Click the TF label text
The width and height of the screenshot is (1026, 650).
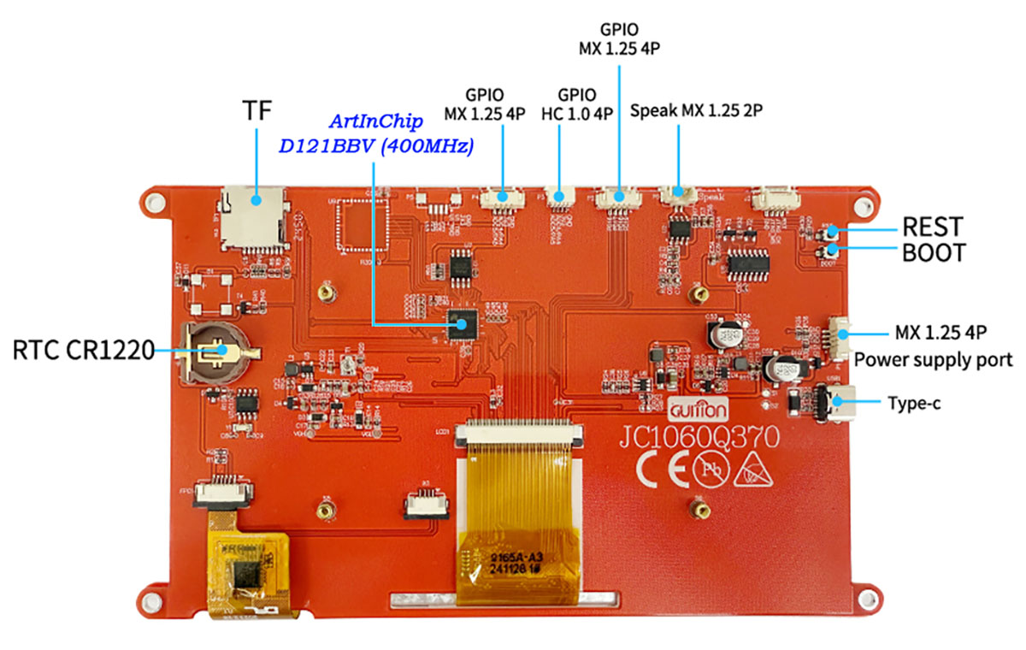258,111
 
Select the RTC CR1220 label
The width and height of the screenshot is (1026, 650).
83,350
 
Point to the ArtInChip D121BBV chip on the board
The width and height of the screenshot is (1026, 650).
464,324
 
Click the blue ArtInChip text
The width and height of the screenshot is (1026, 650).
376,122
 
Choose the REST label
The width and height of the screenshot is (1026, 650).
933,227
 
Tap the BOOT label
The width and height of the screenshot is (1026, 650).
935,253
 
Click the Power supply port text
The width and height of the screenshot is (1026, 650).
933,359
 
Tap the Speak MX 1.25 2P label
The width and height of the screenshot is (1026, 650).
696,111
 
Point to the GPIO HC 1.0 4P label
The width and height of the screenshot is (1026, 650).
577,103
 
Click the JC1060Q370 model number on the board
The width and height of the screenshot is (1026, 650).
699,438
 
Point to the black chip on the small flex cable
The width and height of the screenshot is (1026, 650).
249,575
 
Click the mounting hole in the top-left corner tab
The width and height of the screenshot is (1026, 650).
155,202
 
